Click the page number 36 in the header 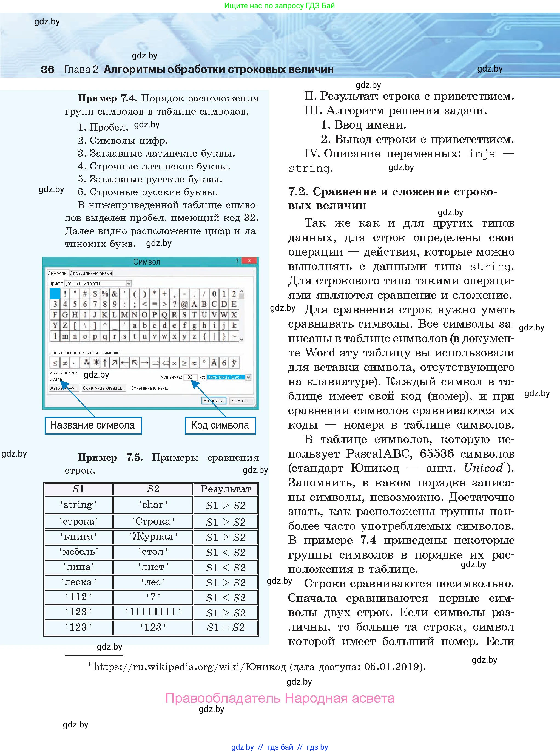47,69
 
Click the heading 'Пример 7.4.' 107,98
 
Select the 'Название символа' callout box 93,425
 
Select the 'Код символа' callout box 220,425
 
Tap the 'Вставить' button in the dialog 212,400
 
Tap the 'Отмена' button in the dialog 240,400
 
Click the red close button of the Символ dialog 249,261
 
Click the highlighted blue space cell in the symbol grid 55,293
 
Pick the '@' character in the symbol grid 184,304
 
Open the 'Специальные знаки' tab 91,273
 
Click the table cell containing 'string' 79,505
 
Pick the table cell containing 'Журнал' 153,537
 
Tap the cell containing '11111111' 153,612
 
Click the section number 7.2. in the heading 298,192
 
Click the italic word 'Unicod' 483,468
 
